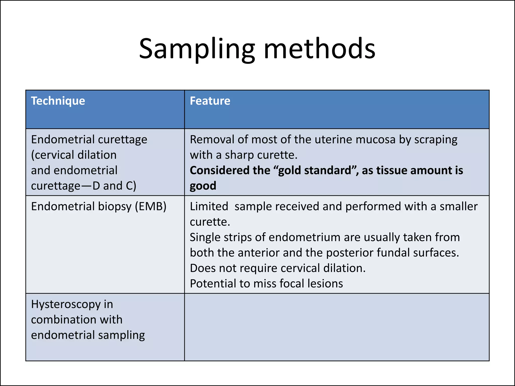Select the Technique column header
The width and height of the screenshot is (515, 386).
(58, 101)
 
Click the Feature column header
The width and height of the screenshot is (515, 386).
(210, 101)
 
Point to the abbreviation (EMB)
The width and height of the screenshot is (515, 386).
(151, 207)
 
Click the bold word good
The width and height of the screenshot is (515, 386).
(203, 186)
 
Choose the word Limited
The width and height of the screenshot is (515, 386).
(209, 207)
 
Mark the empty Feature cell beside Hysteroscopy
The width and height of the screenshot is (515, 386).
(337, 327)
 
